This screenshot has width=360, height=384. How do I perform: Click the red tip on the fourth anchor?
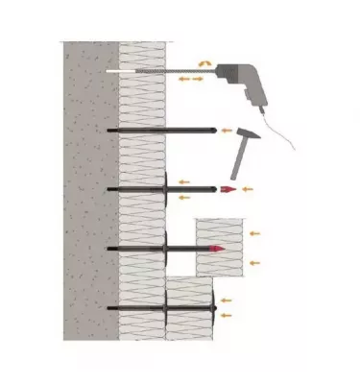tap(219, 250)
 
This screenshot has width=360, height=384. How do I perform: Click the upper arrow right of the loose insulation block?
tap(255, 232)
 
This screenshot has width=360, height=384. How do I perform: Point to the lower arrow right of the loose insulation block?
tap(255, 261)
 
